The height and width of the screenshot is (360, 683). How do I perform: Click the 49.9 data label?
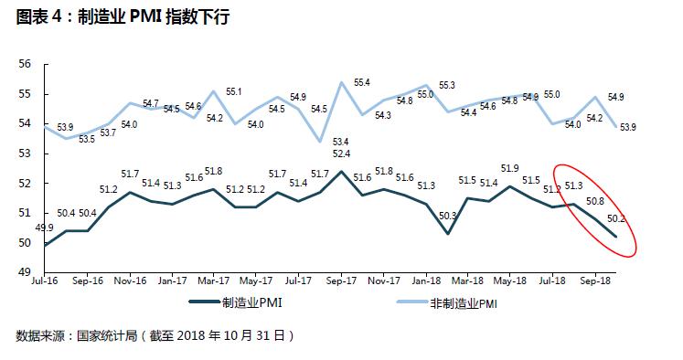pos(44,228)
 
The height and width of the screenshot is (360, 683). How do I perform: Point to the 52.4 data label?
pos(341,154)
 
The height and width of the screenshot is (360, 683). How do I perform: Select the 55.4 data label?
pos(362,83)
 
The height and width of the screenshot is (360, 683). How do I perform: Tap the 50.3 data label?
pos(447,216)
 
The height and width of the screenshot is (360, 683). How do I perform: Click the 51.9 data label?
pos(509,168)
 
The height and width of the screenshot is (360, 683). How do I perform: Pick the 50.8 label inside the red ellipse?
pos(595,201)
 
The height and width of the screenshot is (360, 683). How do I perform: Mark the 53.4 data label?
pos(341,142)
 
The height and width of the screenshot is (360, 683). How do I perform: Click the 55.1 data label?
pos(233,92)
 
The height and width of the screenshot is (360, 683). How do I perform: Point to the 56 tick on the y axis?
pos(25,64)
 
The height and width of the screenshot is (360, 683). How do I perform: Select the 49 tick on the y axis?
pos(25,272)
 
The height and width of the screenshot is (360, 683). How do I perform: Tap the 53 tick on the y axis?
pos(25,154)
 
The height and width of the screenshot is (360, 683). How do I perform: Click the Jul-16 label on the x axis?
pos(45,281)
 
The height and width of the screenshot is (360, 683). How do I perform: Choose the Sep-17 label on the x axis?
pos(341,281)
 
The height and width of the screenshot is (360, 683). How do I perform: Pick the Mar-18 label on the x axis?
pos(467,281)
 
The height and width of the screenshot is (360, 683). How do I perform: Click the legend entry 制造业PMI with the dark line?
pos(236,302)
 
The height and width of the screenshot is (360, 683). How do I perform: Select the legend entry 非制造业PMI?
pos(447,303)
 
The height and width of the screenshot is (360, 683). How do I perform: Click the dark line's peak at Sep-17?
pos(341,171)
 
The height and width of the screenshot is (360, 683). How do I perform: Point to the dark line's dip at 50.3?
pos(447,234)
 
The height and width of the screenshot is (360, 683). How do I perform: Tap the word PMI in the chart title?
pos(146,17)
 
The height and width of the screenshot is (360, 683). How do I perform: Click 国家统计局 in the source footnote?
pos(107,335)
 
